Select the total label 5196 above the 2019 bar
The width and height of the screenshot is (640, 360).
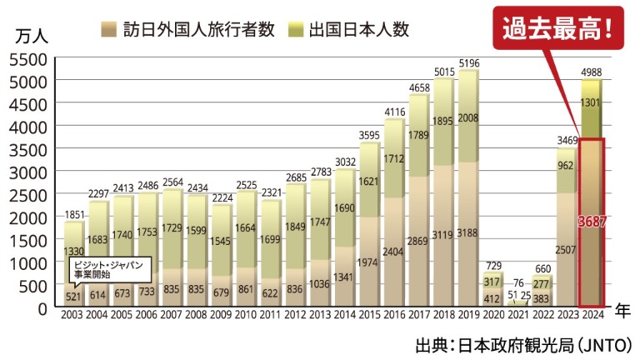coord(469,63)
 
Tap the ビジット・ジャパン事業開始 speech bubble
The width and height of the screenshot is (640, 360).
coord(102,268)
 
